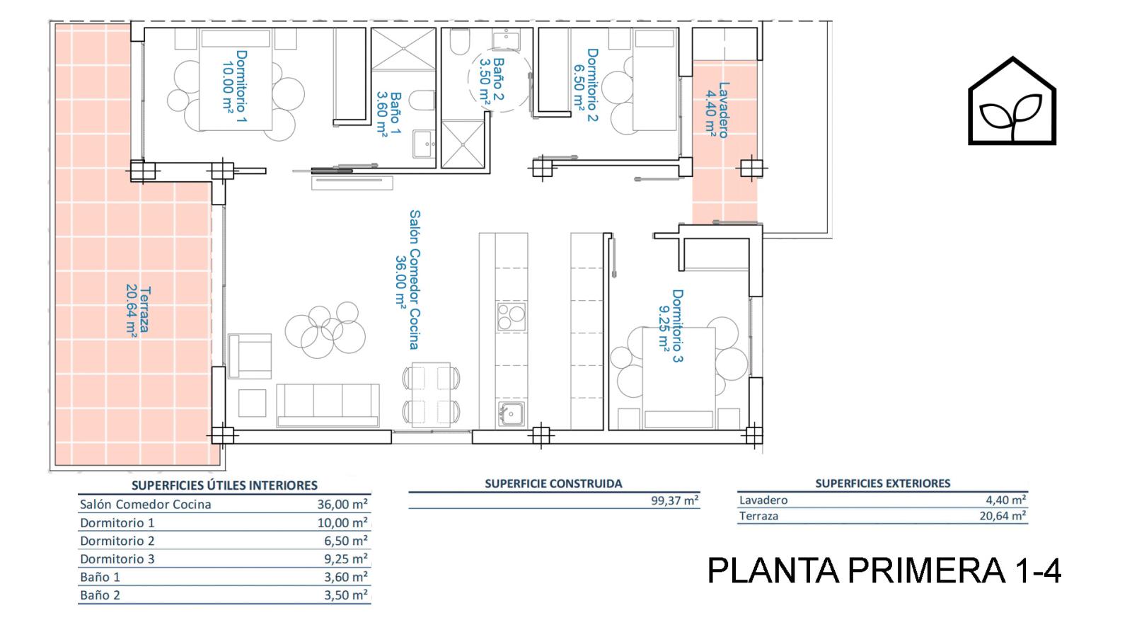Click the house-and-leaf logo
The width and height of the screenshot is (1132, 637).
tap(1012, 101)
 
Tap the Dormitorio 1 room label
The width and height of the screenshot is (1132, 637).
tap(235, 86)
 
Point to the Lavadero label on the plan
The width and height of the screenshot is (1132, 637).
tap(717, 110)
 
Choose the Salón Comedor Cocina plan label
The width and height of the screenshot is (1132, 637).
tap(408, 280)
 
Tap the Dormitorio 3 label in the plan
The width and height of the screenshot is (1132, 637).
tap(671, 326)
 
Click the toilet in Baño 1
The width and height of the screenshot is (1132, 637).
tap(422, 100)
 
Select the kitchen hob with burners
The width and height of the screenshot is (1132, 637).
tap(511, 316)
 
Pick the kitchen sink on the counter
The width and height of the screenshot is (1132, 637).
tap(511, 414)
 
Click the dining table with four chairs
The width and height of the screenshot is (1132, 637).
tap(431, 394)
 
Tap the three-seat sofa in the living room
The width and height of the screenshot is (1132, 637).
tap(328, 405)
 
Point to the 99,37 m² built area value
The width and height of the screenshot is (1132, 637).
tap(675, 500)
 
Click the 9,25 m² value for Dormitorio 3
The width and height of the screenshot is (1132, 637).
tap(346, 558)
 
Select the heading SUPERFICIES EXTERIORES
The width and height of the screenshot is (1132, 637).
tap(882, 483)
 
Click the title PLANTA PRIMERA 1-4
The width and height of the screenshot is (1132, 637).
tap(884, 570)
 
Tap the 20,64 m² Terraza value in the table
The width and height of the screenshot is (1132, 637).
tap(1003, 516)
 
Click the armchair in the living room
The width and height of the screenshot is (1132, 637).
tap(250, 356)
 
